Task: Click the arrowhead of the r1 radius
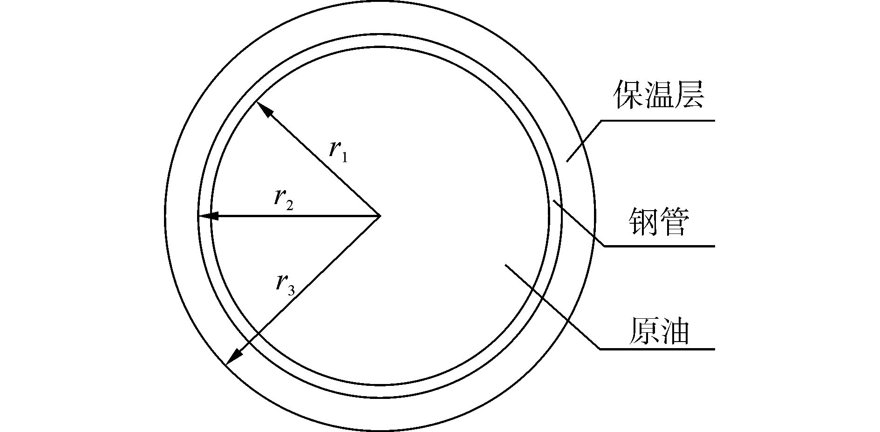click(x=264, y=109)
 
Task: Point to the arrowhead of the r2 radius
click(x=208, y=216)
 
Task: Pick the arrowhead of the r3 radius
click(x=233, y=356)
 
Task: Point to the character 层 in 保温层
click(x=689, y=95)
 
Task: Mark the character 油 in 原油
click(x=674, y=331)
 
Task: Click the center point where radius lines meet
click(x=380, y=216)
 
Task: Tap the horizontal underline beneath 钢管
click(x=659, y=246)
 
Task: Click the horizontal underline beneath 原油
click(x=657, y=349)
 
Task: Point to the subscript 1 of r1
click(x=344, y=158)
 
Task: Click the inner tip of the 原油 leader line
click(x=505, y=265)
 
